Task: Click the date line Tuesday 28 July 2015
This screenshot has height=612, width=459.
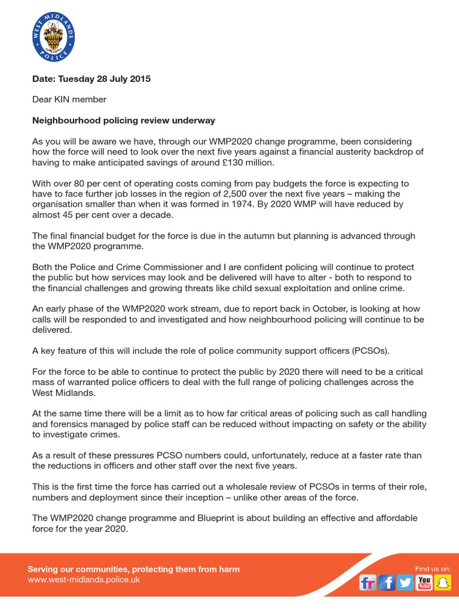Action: click(x=91, y=79)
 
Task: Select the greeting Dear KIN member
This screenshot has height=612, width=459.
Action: click(x=69, y=99)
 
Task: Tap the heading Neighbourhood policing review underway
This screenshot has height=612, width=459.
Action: click(x=123, y=120)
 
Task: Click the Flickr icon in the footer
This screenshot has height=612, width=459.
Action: click(x=368, y=582)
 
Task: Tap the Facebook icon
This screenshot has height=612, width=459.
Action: click(x=386, y=582)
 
